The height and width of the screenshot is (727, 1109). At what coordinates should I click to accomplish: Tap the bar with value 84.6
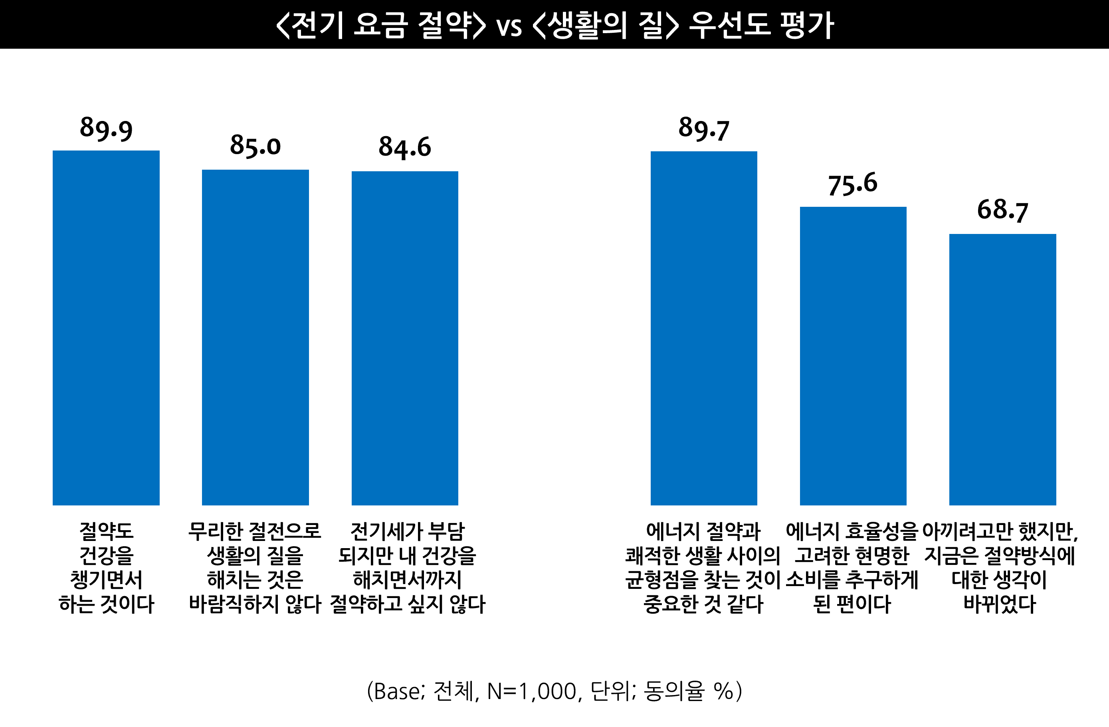[404, 338]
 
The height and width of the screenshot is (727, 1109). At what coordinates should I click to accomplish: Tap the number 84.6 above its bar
[404, 147]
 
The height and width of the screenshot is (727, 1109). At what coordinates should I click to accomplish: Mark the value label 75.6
[853, 184]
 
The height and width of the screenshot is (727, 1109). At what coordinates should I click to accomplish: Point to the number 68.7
[1002, 210]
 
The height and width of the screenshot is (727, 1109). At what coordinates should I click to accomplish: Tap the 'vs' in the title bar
[509, 27]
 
